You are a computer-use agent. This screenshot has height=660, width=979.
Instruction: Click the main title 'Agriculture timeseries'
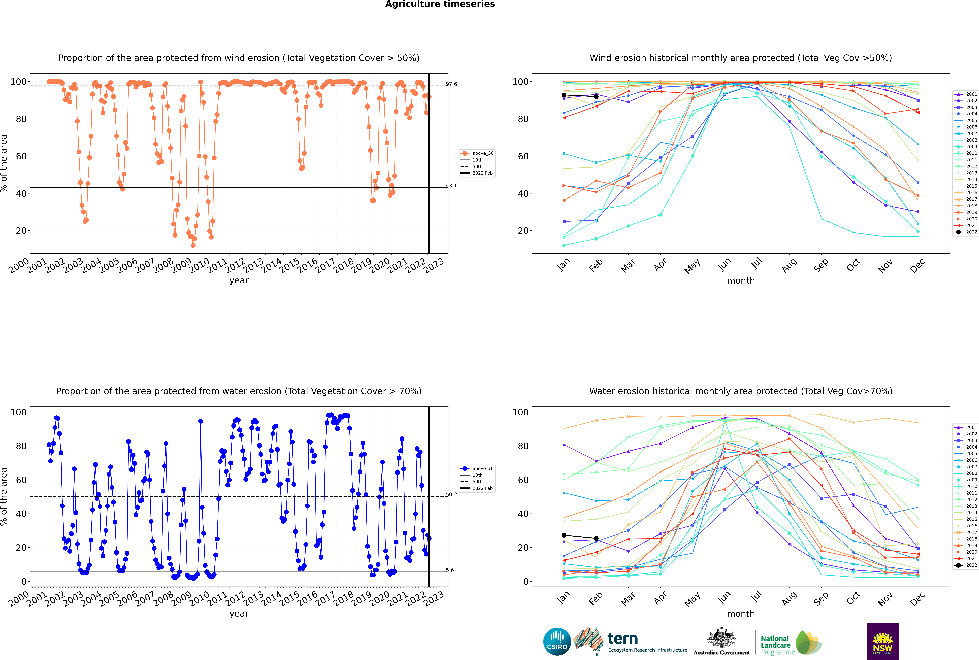point(440,4)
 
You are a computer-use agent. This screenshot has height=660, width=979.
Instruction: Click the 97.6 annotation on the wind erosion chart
point(451,84)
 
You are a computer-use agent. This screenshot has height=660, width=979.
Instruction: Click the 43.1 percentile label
point(451,186)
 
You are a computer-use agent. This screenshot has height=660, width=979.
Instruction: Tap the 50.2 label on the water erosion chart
point(451,495)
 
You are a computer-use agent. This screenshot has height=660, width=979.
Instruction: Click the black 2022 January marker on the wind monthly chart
point(564,95)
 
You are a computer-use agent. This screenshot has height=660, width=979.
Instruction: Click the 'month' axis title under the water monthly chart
point(741,614)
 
